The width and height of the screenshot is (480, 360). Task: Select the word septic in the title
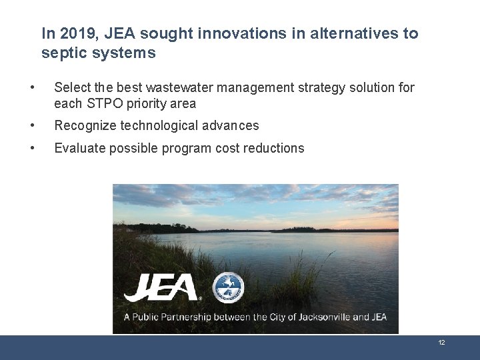pos(65,53)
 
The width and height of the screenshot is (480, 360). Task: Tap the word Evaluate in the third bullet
pos(77,148)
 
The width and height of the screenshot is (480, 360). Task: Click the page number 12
pos(441,343)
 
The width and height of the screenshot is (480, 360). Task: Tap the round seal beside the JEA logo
pos(228,288)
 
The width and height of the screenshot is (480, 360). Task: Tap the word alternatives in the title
pos(346,33)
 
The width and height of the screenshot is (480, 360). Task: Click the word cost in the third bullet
pos(229,148)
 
